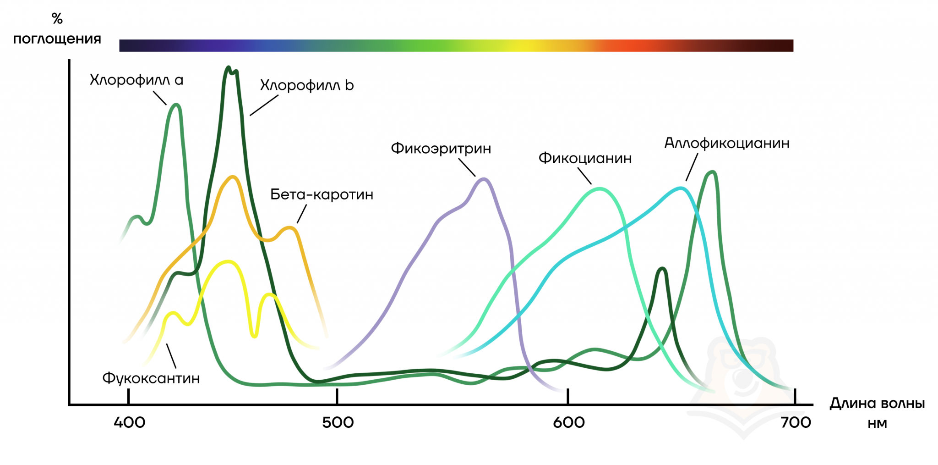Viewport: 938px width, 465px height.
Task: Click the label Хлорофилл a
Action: [136, 80]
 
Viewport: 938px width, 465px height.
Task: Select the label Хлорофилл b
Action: [307, 86]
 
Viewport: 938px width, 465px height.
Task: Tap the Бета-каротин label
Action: [322, 194]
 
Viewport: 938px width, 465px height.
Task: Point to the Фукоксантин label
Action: [151, 378]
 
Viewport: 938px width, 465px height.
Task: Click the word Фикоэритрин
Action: [441, 149]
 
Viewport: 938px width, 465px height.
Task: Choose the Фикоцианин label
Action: [585, 158]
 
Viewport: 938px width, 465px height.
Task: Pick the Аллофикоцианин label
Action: [727, 143]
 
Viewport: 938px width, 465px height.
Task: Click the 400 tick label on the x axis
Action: [129, 422]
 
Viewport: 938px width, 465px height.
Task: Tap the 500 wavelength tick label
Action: [338, 422]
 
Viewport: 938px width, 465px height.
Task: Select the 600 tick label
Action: [568, 422]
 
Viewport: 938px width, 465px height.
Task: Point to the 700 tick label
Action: [796, 422]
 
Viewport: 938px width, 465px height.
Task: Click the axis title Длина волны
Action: [877, 404]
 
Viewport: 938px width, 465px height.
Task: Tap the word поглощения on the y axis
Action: [57, 39]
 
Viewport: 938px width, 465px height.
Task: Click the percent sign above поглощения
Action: [57, 19]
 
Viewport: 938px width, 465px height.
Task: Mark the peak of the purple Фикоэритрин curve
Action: [484, 179]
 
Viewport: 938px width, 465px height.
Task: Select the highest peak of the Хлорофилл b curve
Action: [229, 67]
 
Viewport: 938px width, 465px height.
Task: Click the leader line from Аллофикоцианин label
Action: [692, 167]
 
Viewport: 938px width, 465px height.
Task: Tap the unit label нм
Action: [877, 423]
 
